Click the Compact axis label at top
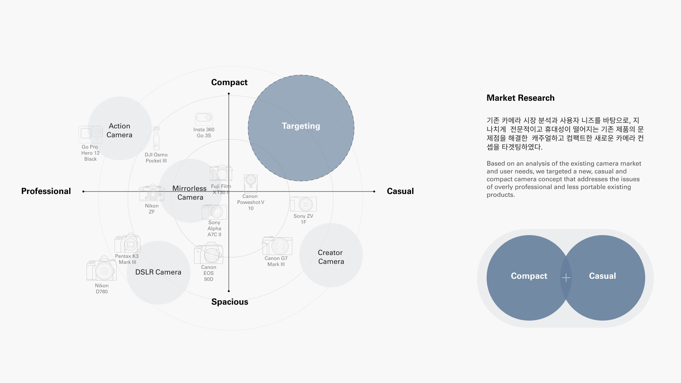pyautogui.click(x=229, y=82)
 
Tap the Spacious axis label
pyautogui.click(x=229, y=302)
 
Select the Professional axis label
pyautogui.click(x=46, y=191)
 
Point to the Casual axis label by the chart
pyautogui.click(x=400, y=191)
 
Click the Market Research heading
pyautogui.click(x=520, y=98)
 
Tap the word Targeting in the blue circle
pyautogui.click(x=301, y=126)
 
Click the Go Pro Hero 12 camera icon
pyautogui.click(x=90, y=134)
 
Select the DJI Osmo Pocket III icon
pyautogui.click(x=156, y=138)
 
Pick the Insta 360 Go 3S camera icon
pyautogui.click(x=204, y=119)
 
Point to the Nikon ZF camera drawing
pyautogui.click(x=152, y=193)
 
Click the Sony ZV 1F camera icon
pyautogui.click(x=303, y=204)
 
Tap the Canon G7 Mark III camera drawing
pyautogui.click(x=277, y=246)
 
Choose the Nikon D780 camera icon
pyautogui.click(x=101, y=268)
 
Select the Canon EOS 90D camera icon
pyautogui.click(x=209, y=253)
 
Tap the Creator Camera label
pyautogui.click(x=331, y=257)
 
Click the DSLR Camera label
pyautogui.click(x=158, y=272)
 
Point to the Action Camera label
pyautogui.click(x=120, y=131)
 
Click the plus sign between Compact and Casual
pyautogui.click(x=566, y=278)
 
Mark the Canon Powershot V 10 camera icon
pyautogui.click(x=251, y=183)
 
